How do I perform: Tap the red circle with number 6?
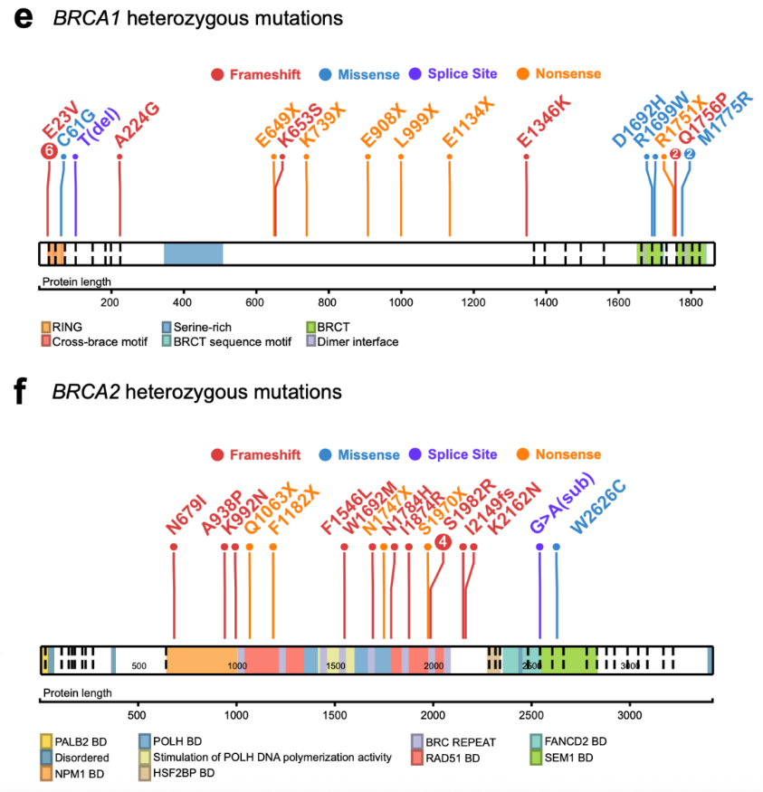coord(48,151)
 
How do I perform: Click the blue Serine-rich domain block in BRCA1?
coord(193,253)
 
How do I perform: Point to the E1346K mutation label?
coord(544,119)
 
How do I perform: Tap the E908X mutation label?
coord(381,122)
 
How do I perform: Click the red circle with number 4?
coord(443,542)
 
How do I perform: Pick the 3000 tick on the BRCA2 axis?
coord(630,711)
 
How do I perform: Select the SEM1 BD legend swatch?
coord(538,757)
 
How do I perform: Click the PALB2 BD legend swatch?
coord(46,741)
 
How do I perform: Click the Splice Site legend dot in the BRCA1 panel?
coord(415,73)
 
